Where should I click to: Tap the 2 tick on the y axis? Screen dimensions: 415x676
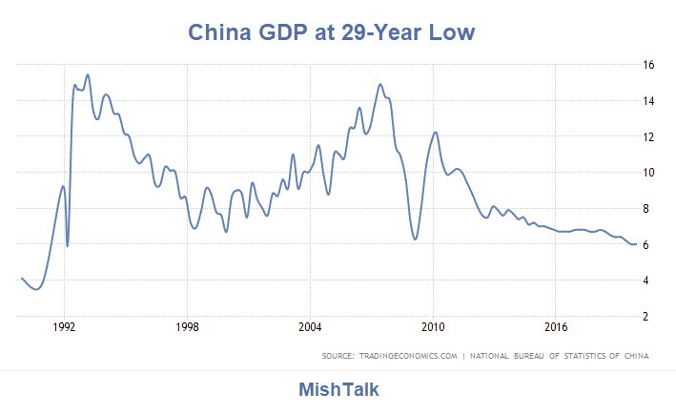click(x=647, y=317)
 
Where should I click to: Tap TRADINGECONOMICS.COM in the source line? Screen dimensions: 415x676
click(x=411, y=357)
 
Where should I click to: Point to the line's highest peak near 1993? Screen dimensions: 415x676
click(x=88, y=74)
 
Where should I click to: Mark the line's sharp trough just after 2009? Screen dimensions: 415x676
click(x=416, y=239)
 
